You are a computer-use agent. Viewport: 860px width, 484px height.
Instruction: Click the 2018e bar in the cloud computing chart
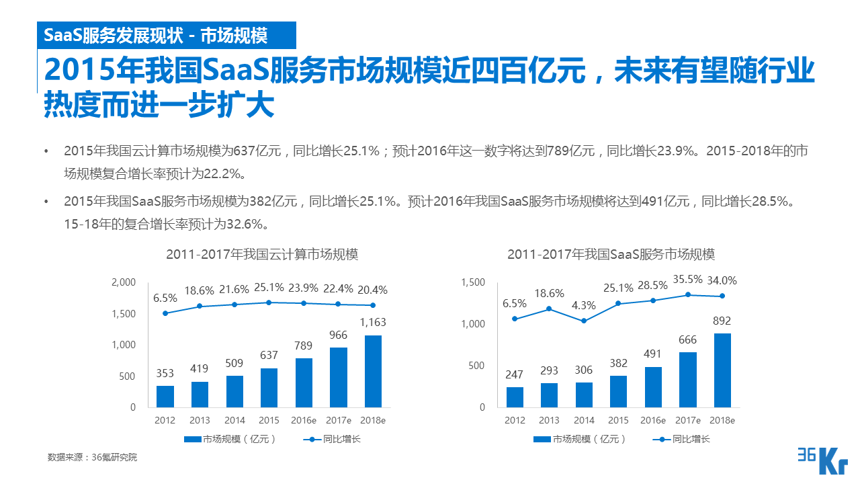point(373,371)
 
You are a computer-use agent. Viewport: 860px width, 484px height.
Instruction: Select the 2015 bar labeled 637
point(269,387)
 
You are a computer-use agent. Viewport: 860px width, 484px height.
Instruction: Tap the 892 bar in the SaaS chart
point(722,370)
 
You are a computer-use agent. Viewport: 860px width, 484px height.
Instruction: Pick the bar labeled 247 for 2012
point(515,397)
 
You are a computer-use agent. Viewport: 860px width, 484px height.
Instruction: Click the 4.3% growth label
point(584,305)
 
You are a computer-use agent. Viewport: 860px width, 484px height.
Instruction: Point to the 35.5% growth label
point(687,280)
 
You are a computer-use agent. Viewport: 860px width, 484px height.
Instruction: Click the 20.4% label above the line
point(373,290)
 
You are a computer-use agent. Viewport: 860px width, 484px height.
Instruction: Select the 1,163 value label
point(373,323)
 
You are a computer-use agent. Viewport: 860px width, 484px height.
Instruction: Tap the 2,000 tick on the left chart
point(124,282)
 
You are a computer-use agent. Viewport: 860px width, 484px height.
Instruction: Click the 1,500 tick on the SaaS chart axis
point(473,282)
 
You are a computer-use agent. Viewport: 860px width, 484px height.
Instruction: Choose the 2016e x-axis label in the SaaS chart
point(652,420)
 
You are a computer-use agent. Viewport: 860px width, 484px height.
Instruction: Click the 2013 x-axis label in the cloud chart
point(200,420)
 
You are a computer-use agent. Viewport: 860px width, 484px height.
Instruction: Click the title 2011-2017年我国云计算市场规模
point(262,255)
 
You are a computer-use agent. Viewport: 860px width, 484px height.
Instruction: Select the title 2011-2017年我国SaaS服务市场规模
point(611,255)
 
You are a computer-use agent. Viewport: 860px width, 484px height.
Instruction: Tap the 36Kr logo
point(822,460)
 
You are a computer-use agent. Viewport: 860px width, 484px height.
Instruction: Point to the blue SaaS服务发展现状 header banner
point(155,35)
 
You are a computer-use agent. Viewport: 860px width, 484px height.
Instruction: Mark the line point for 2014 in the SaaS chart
point(584,321)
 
